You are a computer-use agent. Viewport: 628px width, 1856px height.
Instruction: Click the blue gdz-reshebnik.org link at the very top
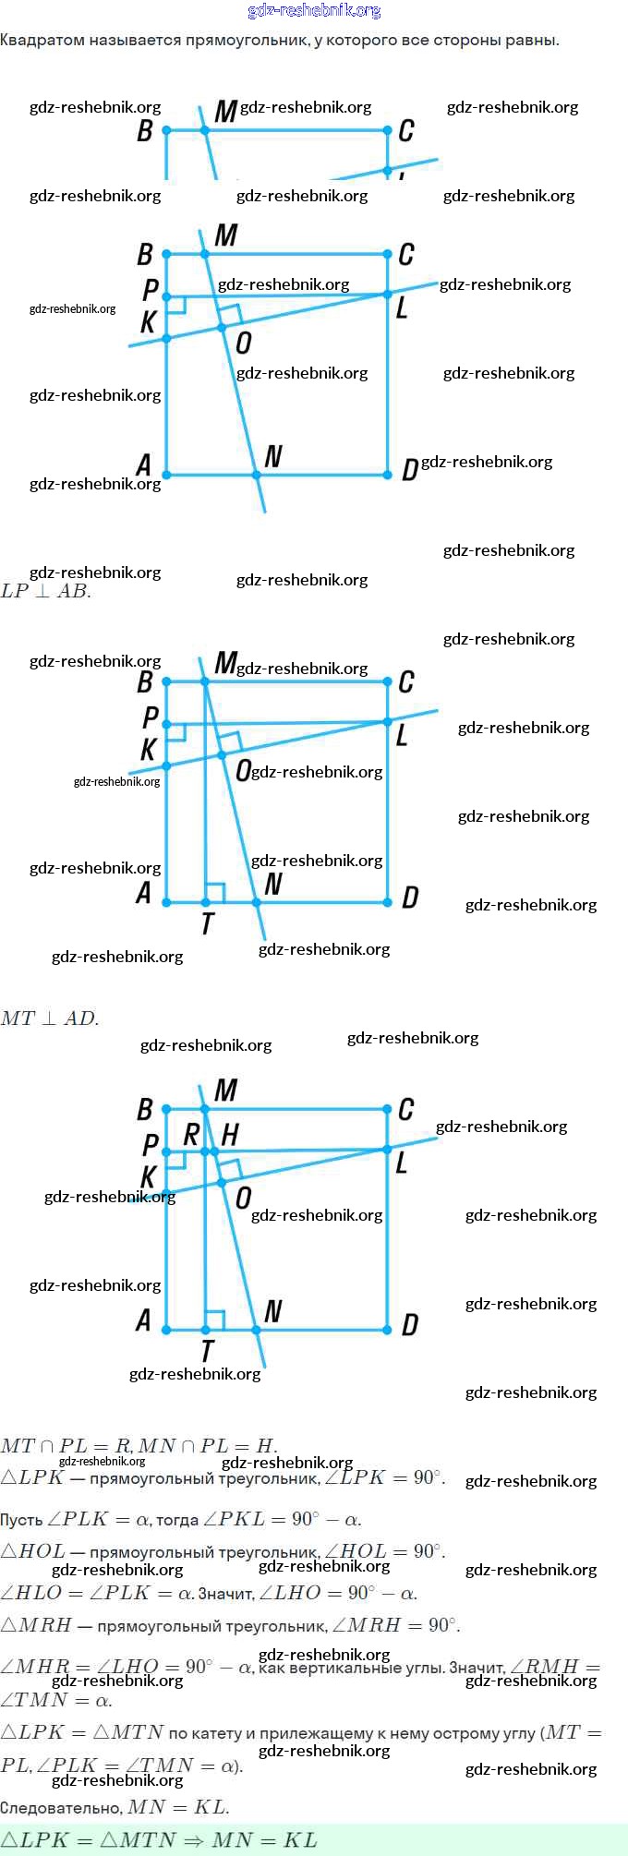(x=314, y=11)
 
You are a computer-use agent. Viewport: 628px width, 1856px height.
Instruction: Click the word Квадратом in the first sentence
(x=42, y=40)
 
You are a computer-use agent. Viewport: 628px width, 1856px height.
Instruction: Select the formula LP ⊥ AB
(x=46, y=591)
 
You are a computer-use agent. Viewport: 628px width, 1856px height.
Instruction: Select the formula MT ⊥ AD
(x=50, y=1018)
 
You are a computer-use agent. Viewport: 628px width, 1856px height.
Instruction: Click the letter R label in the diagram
(x=191, y=1135)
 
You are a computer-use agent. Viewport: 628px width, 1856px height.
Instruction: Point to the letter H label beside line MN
(x=230, y=1135)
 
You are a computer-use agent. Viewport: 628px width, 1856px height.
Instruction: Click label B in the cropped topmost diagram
(x=145, y=131)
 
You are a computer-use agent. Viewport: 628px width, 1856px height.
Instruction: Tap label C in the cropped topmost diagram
(x=405, y=131)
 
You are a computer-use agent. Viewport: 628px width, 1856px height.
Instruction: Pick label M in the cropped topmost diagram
(x=225, y=112)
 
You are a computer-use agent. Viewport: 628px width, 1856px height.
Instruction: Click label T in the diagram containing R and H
(x=207, y=1351)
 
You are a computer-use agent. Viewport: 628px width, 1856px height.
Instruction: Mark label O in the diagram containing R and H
(x=243, y=1199)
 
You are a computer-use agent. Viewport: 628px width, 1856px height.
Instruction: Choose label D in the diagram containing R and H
(x=410, y=1325)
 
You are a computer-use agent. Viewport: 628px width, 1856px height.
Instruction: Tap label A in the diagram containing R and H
(x=143, y=1321)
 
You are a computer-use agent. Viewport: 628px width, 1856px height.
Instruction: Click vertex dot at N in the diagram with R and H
(x=257, y=1330)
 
